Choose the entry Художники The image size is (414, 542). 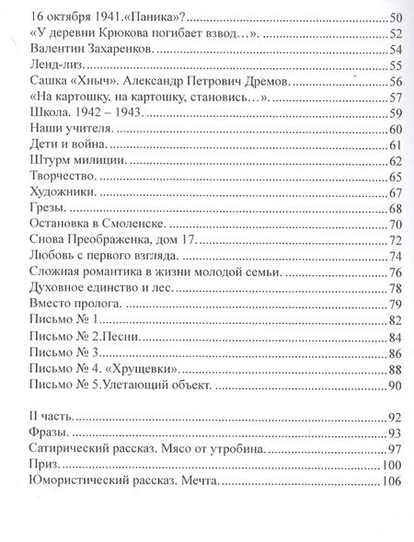point(63,193)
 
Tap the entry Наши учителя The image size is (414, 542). point(72,129)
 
